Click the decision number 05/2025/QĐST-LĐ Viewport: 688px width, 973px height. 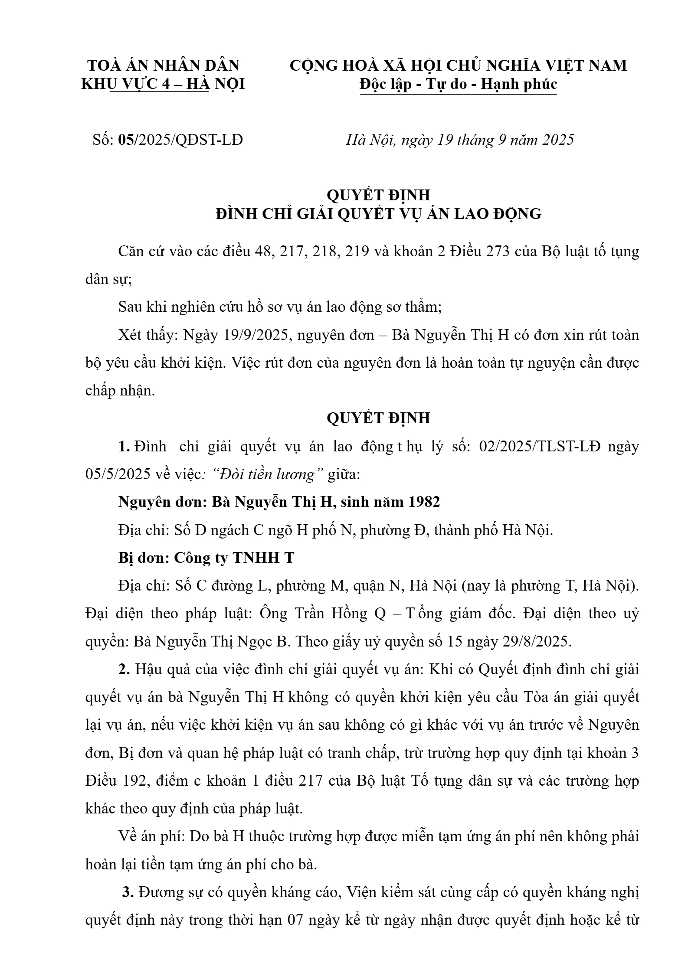click(180, 140)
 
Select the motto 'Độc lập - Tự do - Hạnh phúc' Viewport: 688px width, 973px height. click(458, 84)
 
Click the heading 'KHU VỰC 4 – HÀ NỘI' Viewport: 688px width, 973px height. click(163, 84)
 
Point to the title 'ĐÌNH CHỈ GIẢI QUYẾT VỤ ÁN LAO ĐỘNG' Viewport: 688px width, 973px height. click(378, 214)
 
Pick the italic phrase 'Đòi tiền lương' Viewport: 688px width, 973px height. click(269, 475)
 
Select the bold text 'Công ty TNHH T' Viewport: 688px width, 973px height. click(234, 558)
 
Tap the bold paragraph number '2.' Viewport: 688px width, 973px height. click(124, 670)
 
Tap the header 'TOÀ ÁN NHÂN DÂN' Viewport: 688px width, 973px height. click(163, 65)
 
